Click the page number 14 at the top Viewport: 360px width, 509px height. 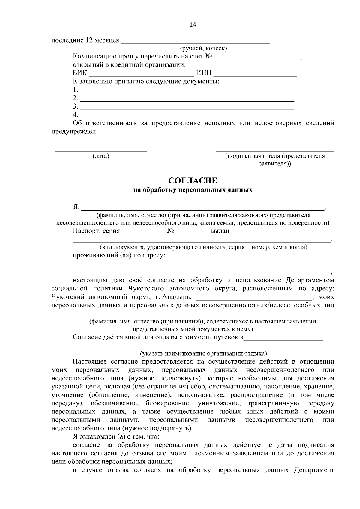[x=193, y=25]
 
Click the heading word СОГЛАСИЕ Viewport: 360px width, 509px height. [x=193, y=180]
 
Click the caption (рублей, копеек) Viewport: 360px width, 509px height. [x=203, y=48]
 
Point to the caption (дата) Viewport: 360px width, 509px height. [x=101, y=156]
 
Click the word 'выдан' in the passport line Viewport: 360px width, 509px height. [x=220, y=231]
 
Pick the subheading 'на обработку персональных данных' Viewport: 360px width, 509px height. [x=193, y=190]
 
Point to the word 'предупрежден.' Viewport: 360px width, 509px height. [x=74, y=132]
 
